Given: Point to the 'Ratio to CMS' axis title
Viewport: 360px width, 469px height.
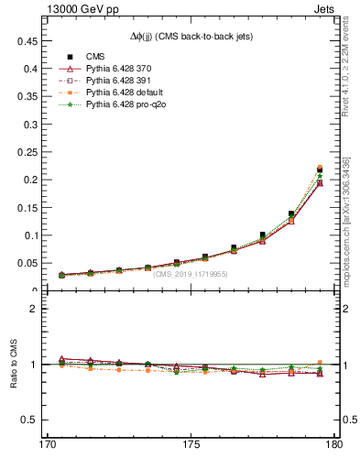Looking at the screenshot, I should (14, 364).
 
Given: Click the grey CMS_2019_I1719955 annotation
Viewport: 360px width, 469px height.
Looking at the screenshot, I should (190, 274).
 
